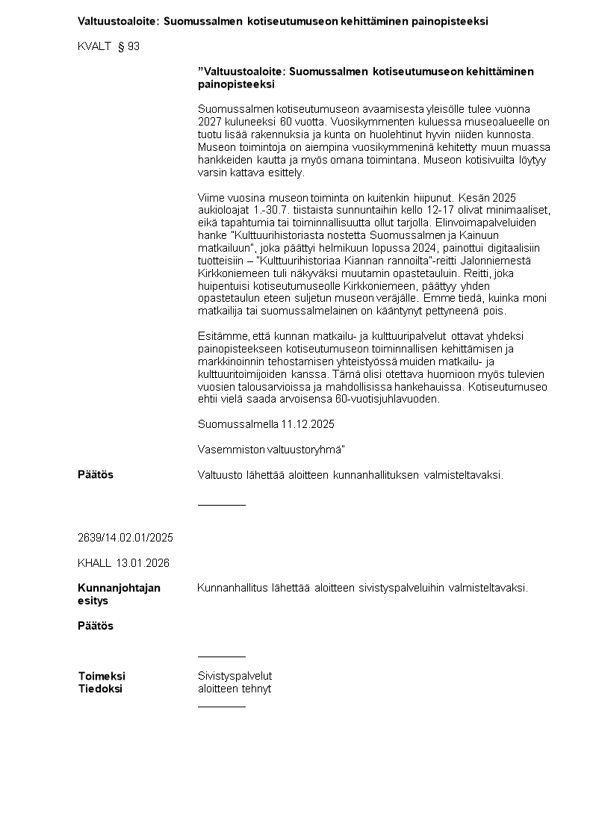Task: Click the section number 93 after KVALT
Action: coord(134,46)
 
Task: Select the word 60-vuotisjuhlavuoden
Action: coord(391,399)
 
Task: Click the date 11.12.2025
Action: coord(308,424)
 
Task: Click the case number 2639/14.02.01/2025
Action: coord(125,538)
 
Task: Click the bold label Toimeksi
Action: coord(102,676)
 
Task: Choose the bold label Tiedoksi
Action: coord(100,689)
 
